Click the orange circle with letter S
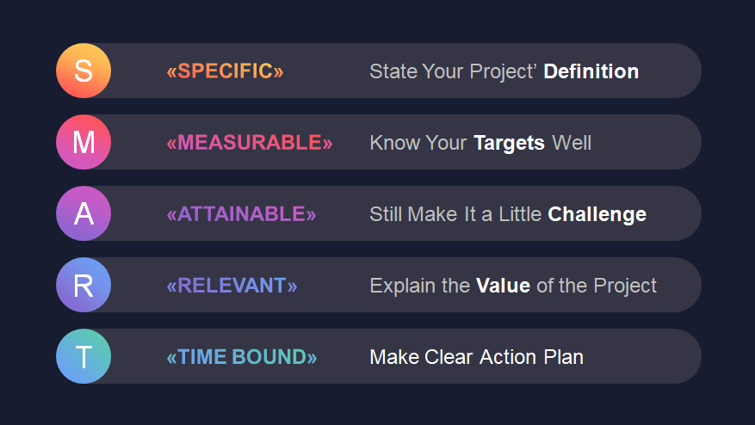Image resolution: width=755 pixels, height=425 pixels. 84,71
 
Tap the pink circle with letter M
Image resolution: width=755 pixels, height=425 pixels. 84,142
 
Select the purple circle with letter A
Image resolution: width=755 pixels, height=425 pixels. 84,213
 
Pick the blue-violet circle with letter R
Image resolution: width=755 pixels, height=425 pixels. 84,285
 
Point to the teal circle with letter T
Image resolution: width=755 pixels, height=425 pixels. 84,356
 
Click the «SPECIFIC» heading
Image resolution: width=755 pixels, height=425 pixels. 225,71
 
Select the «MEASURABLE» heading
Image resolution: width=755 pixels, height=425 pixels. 250,143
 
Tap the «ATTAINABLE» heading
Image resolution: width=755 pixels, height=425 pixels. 241,214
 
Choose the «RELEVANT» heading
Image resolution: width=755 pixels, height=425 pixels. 232,286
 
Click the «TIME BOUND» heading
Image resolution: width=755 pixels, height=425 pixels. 242,357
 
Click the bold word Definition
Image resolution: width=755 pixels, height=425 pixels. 591,71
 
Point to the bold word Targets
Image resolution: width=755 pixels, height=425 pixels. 509,144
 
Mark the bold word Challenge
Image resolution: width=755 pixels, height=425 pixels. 597,215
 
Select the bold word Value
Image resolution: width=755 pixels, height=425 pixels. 503,286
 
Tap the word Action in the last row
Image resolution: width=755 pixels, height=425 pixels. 508,357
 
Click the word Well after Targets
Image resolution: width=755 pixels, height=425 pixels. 572,143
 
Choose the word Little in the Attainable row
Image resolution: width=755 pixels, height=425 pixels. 520,214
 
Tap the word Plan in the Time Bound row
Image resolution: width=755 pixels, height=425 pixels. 563,357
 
